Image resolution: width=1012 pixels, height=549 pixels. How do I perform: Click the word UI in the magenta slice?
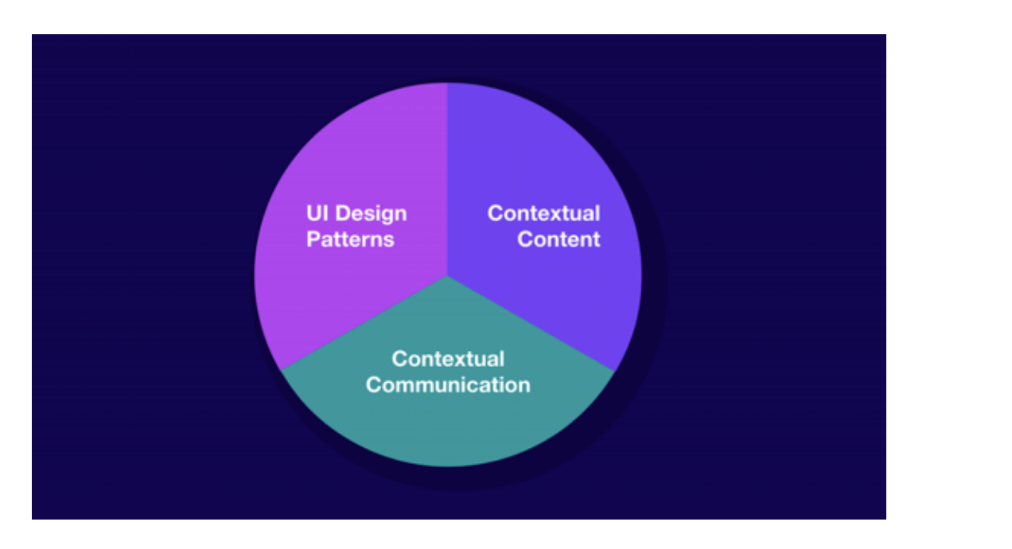point(317,213)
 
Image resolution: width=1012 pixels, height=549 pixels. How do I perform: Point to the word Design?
point(371,215)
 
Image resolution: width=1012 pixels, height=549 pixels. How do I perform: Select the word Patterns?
point(350,239)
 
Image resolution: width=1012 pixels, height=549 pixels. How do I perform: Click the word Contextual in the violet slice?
point(543,213)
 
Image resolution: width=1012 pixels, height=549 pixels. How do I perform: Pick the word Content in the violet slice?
point(559,239)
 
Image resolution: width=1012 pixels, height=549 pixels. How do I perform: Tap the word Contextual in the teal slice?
point(448,359)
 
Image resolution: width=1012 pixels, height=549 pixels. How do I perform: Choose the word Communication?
point(448,385)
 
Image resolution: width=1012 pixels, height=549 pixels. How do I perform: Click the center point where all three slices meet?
point(447,275)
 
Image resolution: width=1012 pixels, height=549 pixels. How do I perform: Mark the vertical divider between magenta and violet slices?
point(447,179)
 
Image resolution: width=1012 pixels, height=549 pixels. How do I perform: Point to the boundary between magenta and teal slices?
point(364,324)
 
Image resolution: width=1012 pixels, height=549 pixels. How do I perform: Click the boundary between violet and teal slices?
point(531,324)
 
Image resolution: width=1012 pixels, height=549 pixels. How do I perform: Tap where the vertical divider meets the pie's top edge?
point(447,83)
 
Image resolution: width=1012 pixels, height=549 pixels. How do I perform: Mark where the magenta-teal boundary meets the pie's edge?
point(281,371)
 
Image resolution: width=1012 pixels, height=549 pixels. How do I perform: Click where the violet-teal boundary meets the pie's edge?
point(614,372)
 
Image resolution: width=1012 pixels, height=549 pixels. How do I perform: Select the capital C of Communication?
point(374,385)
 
